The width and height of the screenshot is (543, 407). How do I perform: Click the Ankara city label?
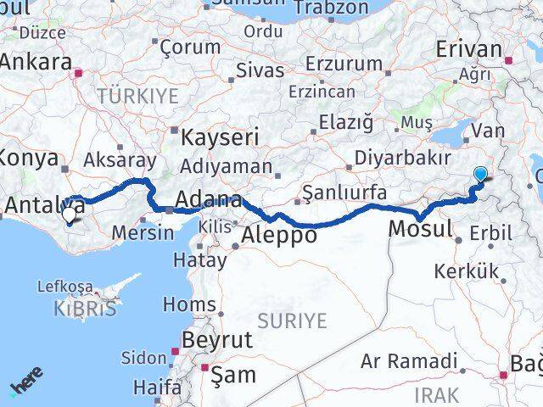click(x=35, y=62)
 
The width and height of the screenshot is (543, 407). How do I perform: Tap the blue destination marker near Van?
click(x=480, y=175)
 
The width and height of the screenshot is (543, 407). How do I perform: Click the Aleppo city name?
click(x=279, y=235)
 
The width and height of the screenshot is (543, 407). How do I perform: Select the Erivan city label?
click(x=467, y=49)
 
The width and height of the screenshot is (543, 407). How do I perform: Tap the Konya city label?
click(x=31, y=158)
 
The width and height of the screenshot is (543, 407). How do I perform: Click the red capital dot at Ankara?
click(x=78, y=72)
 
